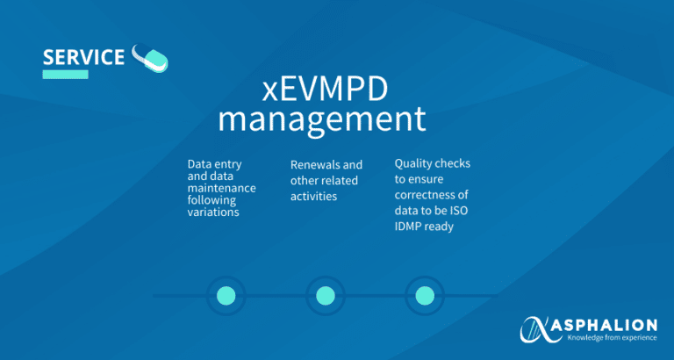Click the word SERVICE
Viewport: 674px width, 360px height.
pos(83,57)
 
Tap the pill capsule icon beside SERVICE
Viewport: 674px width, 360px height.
pos(150,58)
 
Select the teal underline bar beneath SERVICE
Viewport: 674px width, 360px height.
pos(65,75)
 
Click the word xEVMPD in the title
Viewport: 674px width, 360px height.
pos(325,90)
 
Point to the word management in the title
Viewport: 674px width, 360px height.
pos(322,120)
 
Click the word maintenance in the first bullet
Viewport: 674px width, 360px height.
pos(222,189)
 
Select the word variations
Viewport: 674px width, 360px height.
pos(213,212)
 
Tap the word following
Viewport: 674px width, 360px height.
pos(212,201)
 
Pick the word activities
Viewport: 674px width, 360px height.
pos(313,197)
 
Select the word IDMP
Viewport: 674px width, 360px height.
pos(407,227)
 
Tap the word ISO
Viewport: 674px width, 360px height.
pos(461,211)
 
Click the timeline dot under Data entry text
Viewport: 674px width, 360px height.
pos(226,296)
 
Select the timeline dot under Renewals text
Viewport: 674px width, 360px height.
pos(326,296)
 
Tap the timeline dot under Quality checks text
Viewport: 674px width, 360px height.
pos(425,296)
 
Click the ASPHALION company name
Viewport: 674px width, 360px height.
pos(613,326)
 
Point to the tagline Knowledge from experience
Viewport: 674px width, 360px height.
pos(613,338)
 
